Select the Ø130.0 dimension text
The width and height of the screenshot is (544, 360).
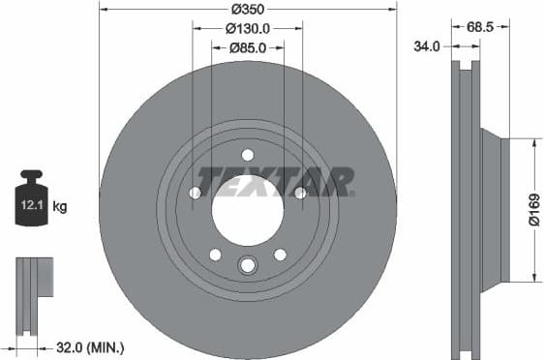248,29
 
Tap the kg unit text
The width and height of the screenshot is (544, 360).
60,206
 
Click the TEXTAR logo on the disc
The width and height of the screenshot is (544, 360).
276,181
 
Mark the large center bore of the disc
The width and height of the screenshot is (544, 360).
248,209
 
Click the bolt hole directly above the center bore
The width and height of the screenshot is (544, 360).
248,155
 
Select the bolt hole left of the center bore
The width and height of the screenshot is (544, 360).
196,194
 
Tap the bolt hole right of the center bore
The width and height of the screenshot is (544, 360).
300,194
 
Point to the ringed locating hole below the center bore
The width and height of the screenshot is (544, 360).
248,265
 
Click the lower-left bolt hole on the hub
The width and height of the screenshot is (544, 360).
215,255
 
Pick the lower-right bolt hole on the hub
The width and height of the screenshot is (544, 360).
281,255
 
